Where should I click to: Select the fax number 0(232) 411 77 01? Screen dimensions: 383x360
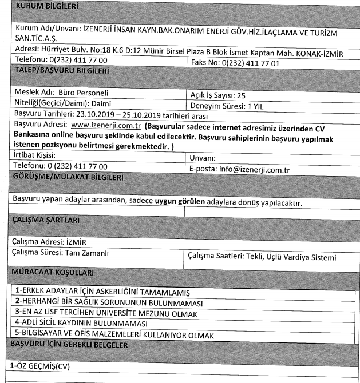point(252,63)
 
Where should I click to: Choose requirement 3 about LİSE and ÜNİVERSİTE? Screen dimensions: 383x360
point(106,313)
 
